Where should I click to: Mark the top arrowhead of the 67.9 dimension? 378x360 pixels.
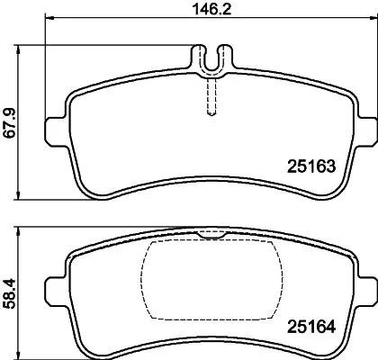pos(20,45)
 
